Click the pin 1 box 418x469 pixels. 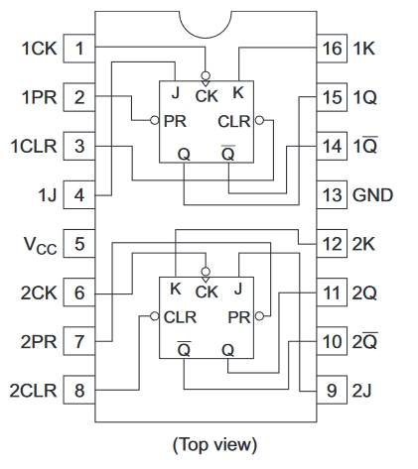point(79,49)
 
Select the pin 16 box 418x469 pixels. point(332,49)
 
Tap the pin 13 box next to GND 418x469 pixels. point(332,194)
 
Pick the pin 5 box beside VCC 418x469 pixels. point(79,244)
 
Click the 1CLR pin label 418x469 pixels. point(34,146)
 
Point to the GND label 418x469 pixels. point(372,194)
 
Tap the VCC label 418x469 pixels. point(41,246)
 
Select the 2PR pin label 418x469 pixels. point(39,341)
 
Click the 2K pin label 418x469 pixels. point(363,244)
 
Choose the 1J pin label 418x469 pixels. point(48,195)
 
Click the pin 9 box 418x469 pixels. point(332,390)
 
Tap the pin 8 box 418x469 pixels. point(79,390)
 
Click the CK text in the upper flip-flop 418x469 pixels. point(207,96)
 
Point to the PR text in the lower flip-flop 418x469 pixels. point(239,317)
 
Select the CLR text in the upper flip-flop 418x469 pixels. point(234,121)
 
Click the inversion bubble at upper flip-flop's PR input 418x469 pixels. point(155,120)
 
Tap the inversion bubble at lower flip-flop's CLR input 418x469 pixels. point(155,316)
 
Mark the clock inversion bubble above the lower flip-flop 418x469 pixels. point(206,272)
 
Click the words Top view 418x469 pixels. point(214,444)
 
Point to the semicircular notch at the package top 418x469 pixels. point(206,38)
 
